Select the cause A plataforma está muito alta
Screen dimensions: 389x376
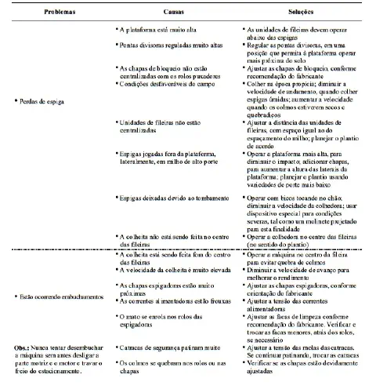160,28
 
